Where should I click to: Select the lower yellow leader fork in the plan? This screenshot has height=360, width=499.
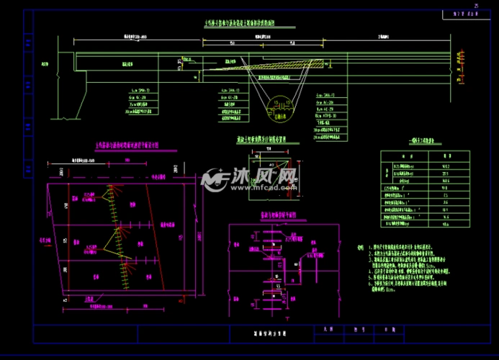click(115, 240)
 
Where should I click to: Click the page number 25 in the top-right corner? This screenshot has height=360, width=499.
click(476, 5)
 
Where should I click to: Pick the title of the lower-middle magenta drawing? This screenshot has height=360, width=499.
click(274, 215)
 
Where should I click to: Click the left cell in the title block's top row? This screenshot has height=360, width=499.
click(330, 328)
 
